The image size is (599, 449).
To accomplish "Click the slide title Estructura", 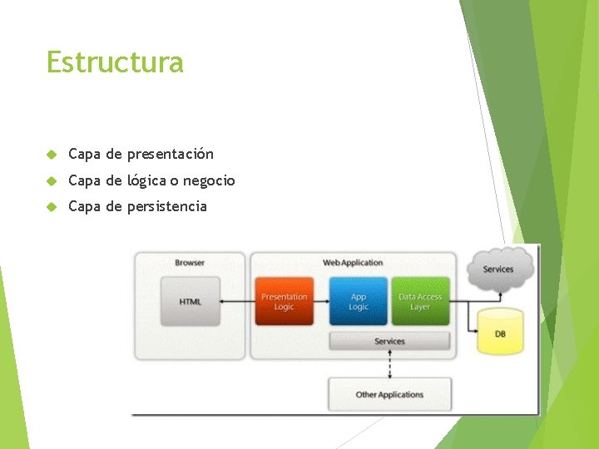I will click(115, 62).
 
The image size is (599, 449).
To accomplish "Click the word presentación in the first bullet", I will click(171, 154).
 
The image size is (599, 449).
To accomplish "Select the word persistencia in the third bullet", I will click(166, 206).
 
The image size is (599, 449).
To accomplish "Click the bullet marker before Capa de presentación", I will click(52, 154).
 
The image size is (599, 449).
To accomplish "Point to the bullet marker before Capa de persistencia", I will click(52, 206).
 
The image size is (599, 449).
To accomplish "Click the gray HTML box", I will click(191, 301).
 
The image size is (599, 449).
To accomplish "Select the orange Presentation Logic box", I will click(284, 301).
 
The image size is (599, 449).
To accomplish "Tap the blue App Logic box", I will click(358, 301).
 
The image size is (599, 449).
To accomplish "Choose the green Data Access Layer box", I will click(420, 301).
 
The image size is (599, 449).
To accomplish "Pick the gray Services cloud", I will click(498, 268).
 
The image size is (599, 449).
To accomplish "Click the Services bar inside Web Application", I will click(389, 341).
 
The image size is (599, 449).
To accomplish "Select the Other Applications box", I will click(389, 394).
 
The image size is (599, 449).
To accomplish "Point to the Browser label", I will click(190, 263).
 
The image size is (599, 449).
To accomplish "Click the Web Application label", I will click(353, 263).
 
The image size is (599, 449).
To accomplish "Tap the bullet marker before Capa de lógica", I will click(52, 180).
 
